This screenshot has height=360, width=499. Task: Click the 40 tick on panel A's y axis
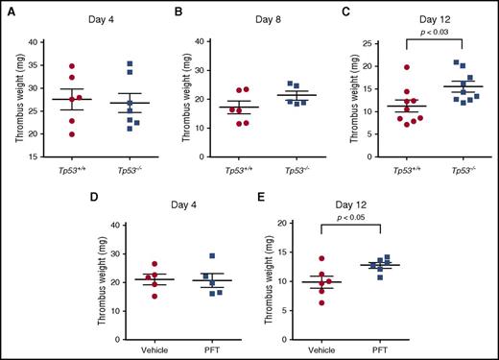(x=32, y=42)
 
